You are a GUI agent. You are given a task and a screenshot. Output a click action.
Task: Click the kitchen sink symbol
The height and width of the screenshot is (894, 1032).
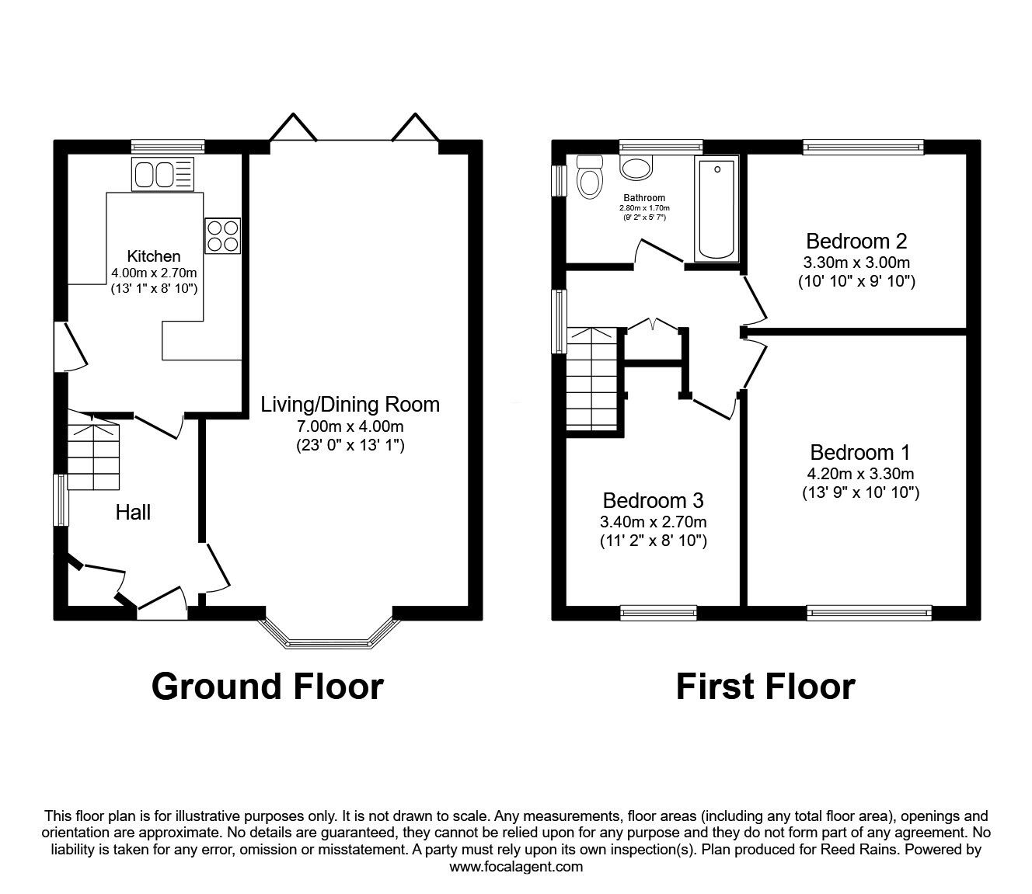[162, 174]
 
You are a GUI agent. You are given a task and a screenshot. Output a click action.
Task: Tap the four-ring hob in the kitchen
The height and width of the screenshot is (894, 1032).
[222, 235]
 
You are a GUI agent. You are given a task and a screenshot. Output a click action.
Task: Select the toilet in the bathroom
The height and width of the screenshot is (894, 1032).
[590, 179]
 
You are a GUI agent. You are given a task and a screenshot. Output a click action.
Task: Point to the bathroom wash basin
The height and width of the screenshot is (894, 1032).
[637, 167]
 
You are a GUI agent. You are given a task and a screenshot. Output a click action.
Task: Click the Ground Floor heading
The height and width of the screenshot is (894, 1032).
[267, 687]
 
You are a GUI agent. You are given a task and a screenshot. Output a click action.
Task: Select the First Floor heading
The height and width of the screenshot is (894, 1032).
[765, 687]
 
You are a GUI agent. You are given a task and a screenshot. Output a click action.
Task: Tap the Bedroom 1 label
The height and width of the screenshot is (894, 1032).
[860, 452]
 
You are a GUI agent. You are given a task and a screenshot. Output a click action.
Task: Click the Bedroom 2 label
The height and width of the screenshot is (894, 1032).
[856, 240]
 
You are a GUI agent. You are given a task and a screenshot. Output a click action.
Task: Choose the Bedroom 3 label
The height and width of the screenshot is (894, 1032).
[653, 499]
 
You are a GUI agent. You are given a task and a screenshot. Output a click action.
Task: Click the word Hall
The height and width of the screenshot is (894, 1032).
[133, 512]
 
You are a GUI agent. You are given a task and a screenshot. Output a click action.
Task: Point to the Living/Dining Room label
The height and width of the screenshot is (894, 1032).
[350, 404]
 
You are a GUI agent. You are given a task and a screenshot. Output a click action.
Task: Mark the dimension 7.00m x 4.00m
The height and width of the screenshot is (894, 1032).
[350, 426]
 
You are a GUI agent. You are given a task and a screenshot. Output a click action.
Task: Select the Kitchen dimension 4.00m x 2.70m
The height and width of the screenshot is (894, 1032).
[154, 273]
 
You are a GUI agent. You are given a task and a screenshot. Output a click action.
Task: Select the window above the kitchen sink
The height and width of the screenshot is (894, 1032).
[168, 146]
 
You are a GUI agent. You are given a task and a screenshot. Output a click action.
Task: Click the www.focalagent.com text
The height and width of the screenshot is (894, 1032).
[516, 867]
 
